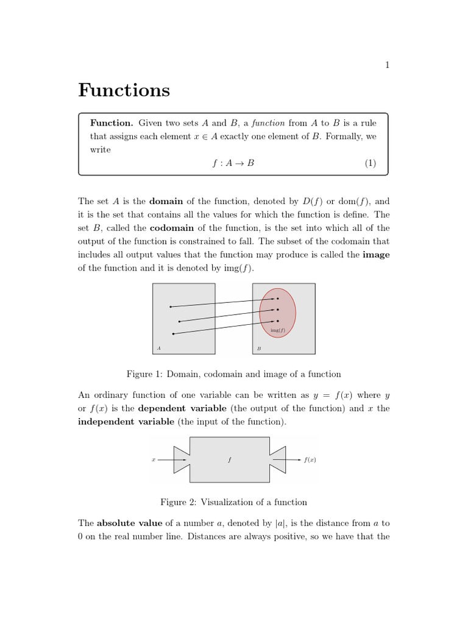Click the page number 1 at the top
387,66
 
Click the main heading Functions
124,91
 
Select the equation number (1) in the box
370,163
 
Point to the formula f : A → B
233,163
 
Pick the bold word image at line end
376,255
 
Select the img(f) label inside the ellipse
277,330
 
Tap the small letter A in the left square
158,349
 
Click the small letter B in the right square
259,349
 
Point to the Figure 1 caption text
233,374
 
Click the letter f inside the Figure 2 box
229,460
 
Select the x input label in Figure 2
153,460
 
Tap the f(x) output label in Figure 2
310,460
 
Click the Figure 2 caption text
233,502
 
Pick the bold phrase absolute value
130,523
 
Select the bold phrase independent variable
126,421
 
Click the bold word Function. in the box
112,123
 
